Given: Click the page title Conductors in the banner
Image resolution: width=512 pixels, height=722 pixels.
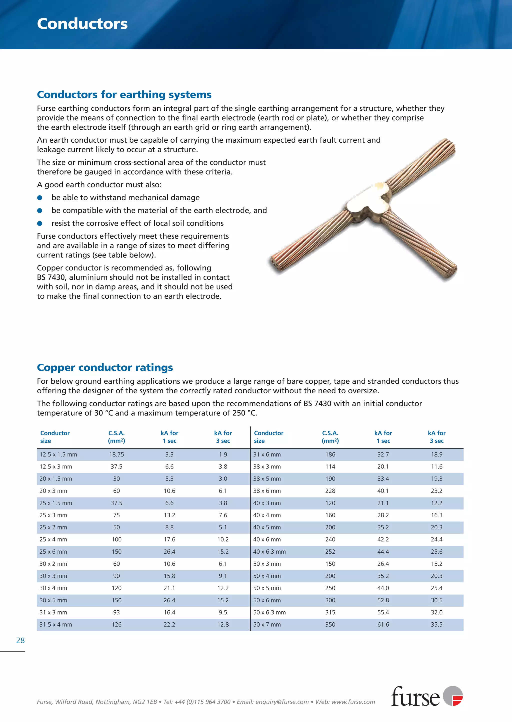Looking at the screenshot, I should [x=82, y=24].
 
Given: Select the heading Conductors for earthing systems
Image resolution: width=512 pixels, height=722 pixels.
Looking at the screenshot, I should [x=124, y=94].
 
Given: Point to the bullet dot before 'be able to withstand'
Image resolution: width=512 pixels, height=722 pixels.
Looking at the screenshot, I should [x=40, y=198].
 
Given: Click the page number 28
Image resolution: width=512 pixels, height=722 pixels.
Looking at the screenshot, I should [x=20, y=640].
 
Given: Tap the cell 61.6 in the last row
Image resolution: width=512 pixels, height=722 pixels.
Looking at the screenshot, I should [x=383, y=624].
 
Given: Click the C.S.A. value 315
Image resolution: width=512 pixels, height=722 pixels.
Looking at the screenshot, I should [x=330, y=612].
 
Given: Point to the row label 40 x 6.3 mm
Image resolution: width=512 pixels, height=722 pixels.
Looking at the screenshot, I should [x=269, y=552].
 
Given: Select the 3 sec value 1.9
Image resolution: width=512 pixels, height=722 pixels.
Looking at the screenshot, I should [x=223, y=454].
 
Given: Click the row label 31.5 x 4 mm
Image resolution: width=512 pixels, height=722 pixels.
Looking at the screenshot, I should [x=56, y=624].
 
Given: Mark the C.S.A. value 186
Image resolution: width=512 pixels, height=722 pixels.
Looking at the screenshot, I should [x=330, y=454].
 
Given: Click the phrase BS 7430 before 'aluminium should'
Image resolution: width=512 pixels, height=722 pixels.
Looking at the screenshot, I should [x=50, y=277].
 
